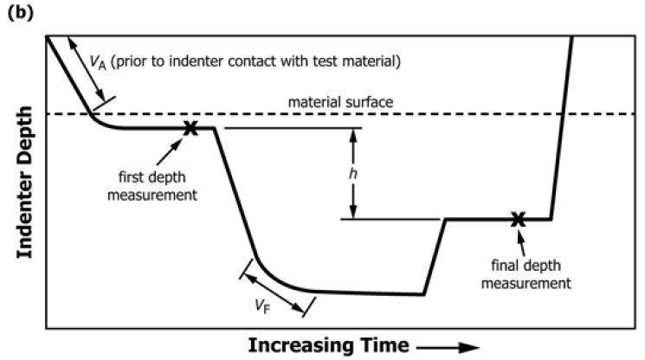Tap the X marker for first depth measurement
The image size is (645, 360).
point(190,128)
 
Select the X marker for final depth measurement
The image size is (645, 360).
point(518,220)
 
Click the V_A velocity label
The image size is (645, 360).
point(98,61)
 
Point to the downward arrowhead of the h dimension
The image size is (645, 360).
point(352,214)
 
